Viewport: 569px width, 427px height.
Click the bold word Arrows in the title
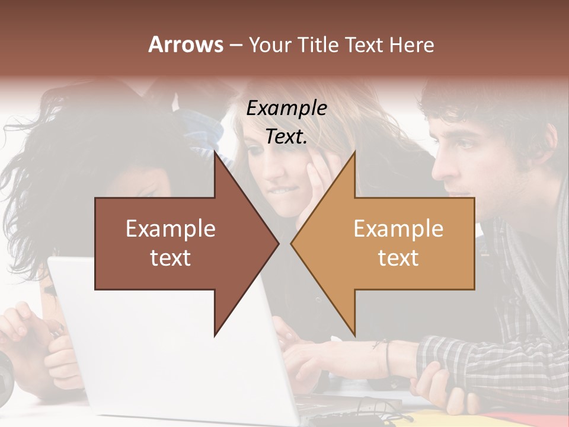click(x=186, y=44)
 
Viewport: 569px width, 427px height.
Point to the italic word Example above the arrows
click(x=287, y=109)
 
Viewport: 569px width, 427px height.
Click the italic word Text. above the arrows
click(x=287, y=137)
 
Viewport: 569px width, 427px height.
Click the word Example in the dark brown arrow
click(x=171, y=228)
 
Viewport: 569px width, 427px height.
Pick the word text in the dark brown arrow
click(x=171, y=257)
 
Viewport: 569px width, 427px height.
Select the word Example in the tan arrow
click(x=398, y=228)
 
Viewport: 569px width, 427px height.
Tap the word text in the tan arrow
click(x=398, y=257)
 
